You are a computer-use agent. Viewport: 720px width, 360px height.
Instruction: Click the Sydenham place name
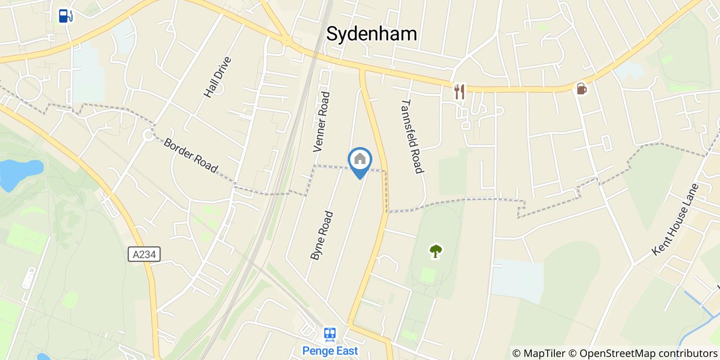(x=371, y=34)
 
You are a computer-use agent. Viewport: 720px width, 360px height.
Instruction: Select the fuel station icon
(x=65, y=16)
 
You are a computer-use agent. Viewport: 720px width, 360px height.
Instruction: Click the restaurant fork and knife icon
(x=459, y=92)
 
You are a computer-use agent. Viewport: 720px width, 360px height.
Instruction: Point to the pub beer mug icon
(x=582, y=88)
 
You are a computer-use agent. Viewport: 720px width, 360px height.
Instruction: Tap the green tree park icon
(x=436, y=251)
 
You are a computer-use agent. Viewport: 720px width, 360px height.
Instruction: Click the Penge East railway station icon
(x=330, y=334)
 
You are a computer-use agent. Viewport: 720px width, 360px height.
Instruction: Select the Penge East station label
(x=330, y=351)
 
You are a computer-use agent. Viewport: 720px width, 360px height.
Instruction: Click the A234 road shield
(x=144, y=254)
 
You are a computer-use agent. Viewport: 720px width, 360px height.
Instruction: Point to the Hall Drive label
(x=218, y=77)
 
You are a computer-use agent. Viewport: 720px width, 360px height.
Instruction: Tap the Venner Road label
(x=321, y=122)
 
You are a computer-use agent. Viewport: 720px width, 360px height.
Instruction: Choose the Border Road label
(x=190, y=155)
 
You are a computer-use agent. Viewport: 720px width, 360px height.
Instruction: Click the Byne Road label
(x=322, y=235)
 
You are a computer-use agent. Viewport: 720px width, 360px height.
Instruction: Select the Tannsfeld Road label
(x=412, y=136)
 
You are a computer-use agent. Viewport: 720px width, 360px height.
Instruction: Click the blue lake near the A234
(x=21, y=171)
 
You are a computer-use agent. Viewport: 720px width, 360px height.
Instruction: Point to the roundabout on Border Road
(x=149, y=135)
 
